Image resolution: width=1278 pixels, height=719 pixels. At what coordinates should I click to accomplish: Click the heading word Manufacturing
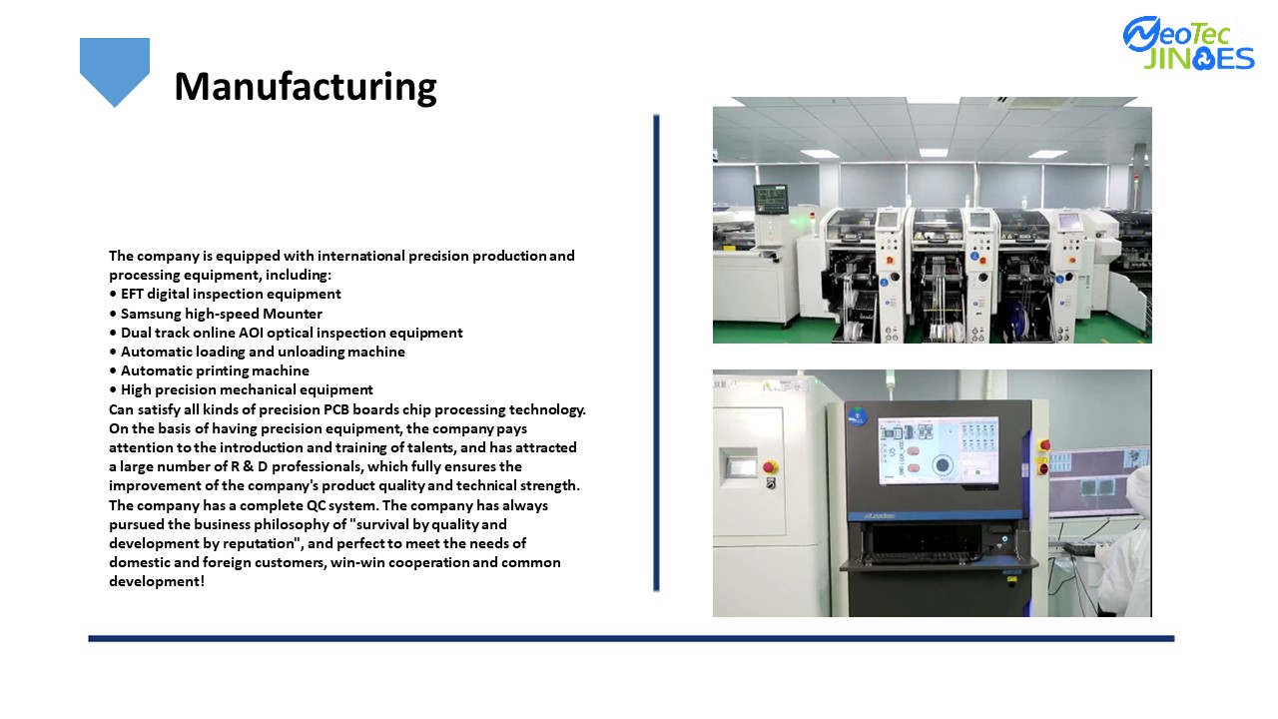click(306, 87)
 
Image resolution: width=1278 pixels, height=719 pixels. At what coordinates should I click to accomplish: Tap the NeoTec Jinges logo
click(1189, 44)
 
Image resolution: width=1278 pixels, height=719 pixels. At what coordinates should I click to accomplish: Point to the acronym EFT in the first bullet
click(132, 294)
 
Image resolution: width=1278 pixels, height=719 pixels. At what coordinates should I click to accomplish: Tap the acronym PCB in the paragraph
click(336, 409)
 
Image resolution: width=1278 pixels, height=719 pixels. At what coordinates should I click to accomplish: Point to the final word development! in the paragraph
click(157, 581)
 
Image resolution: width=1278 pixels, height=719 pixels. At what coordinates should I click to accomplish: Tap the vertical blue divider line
click(656, 353)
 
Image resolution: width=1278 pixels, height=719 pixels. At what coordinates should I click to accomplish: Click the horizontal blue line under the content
click(631, 638)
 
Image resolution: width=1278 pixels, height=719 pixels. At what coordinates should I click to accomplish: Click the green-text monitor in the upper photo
click(771, 199)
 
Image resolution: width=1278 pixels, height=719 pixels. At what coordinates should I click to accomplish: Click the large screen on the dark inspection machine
click(938, 450)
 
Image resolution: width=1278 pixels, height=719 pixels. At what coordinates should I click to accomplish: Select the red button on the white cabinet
click(770, 467)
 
